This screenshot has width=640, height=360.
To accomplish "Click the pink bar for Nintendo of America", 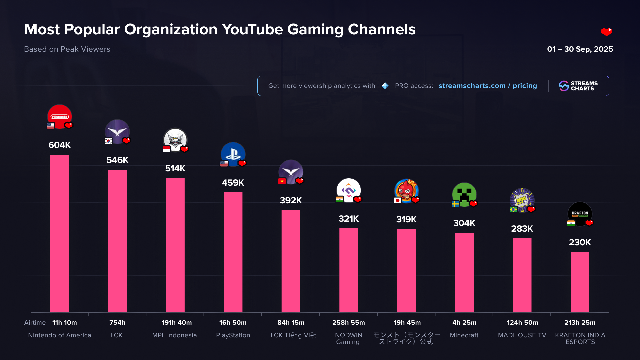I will (60, 233).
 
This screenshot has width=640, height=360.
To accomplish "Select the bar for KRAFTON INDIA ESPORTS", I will (580, 282).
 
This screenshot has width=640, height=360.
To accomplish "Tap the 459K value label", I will (233, 183).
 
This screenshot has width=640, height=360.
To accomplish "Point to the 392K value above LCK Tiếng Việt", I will (291, 200).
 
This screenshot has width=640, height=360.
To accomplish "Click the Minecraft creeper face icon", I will (464, 194).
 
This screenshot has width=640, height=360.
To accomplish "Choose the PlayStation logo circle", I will (233, 154).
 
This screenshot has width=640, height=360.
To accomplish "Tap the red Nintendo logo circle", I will (60, 116).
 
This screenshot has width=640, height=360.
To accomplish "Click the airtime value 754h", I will (117, 323).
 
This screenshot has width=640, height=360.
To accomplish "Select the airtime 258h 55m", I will (348, 323).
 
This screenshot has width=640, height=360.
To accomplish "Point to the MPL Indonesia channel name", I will (174, 335).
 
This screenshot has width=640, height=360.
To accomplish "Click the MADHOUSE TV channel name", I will (522, 335).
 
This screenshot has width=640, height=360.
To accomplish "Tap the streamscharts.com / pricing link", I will (488, 86).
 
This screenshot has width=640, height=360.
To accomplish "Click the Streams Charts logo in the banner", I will (578, 86).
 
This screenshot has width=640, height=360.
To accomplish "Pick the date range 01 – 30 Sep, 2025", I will (580, 49).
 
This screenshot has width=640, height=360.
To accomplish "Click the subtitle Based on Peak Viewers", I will (67, 49).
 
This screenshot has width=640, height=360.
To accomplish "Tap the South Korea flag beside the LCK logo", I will (108, 141).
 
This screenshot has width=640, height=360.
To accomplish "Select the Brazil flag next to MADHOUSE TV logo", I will (513, 209).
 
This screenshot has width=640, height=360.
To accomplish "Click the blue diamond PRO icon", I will (385, 86).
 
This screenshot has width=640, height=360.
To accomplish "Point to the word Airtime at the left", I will (35, 323).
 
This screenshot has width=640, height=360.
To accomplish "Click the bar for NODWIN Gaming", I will (348, 270).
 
